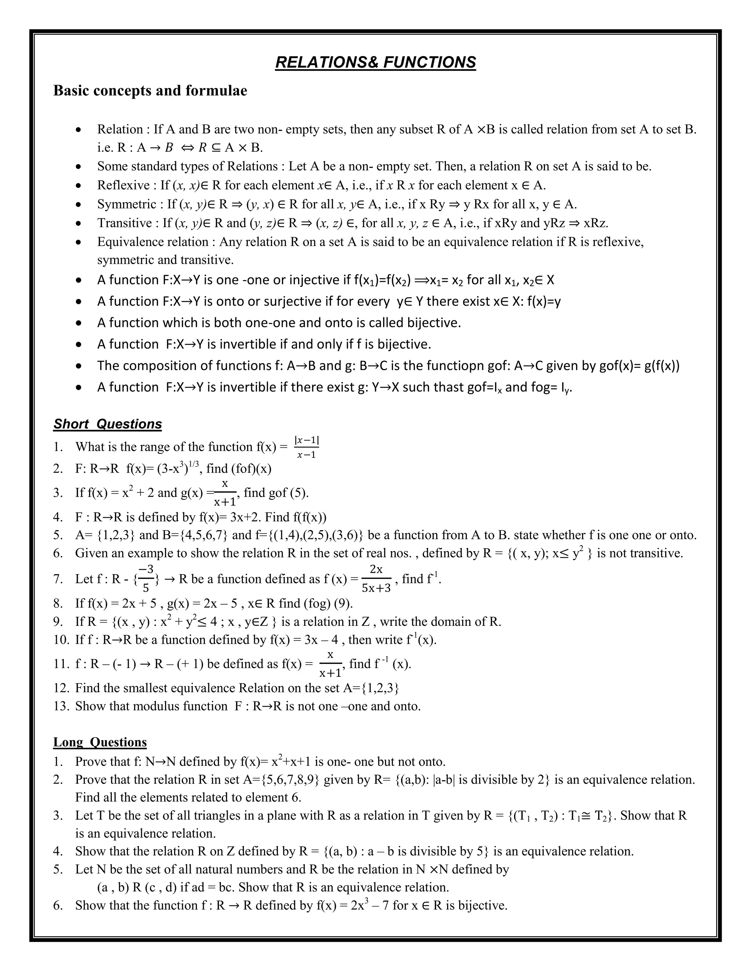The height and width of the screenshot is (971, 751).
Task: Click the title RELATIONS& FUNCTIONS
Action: point(375,62)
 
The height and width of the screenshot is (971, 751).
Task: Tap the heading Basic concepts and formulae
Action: point(150,91)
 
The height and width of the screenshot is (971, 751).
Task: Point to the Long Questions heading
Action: point(100,742)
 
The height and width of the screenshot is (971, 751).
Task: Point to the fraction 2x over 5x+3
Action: point(376,579)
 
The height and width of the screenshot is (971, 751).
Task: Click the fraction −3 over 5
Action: point(146,579)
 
